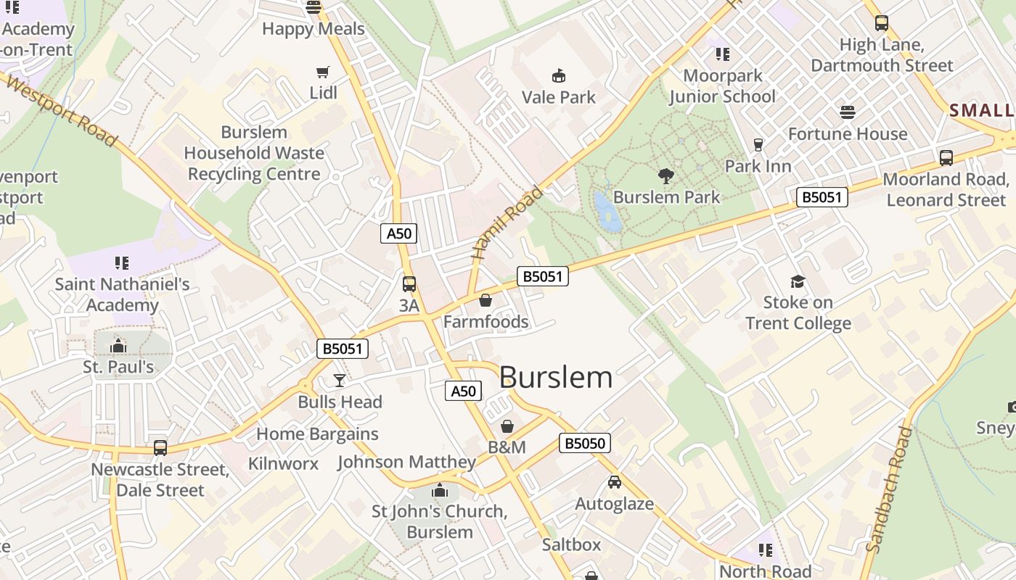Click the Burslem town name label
click(x=556, y=378)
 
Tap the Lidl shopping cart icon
click(x=323, y=72)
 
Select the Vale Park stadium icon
click(x=558, y=75)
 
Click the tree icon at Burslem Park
click(x=665, y=175)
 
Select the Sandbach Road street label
click(x=890, y=490)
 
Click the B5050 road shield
click(x=584, y=443)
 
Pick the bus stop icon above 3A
click(x=409, y=284)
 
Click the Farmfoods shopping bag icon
click(x=486, y=300)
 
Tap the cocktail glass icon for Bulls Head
click(x=339, y=381)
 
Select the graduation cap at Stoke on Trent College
click(x=798, y=281)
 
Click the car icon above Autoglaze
click(x=614, y=482)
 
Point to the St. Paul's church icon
click(x=118, y=346)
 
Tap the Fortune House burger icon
click(x=847, y=112)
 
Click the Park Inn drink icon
click(x=758, y=145)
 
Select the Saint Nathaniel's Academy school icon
click(x=121, y=262)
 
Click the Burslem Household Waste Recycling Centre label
click(x=254, y=153)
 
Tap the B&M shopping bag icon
click(x=507, y=426)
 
